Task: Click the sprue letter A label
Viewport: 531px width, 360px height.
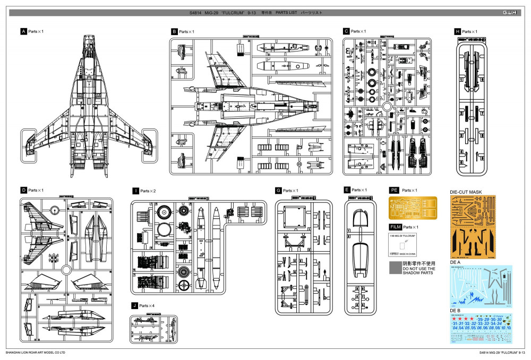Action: click(23, 32)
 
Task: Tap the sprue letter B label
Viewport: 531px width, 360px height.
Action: click(174, 32)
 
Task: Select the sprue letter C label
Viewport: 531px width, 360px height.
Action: click(346, 32)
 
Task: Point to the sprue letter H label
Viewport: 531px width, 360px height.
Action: click(458, 32)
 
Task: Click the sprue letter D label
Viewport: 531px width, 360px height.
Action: click(23, 190)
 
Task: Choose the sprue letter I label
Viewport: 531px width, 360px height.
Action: click(135, 191)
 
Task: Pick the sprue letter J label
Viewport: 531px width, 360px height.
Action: click(135, 305)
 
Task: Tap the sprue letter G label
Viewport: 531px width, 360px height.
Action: click(278, 190)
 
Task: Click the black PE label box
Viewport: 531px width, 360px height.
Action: click(394, 190)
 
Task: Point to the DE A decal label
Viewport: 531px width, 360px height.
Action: click(455, 262)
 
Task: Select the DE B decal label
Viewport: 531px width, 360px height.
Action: click(455, 310)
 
